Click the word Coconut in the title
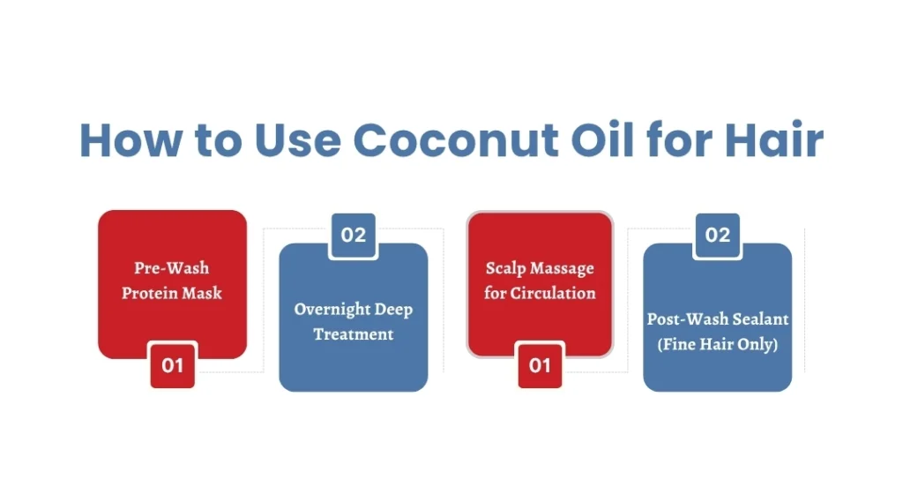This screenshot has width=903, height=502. pyautogui.click(x=456, y=140)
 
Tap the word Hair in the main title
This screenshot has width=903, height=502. pyautogui.click(x=774, y=139)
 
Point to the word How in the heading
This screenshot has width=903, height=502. pyautogui.click(x=131, y=140)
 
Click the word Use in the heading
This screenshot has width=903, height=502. pyautogui.click(x=298, y=140)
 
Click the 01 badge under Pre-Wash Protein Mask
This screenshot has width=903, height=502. pyautogui.click(x=172, y=365)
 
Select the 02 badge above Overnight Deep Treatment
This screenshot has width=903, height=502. pyautogui.click(x=353, y=235)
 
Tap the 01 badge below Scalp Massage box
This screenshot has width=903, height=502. pyautogui.click(x=540, y=365)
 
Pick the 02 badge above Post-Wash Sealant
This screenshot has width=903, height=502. pyautogui.click(x=718, y=235)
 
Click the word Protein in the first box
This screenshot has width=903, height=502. pyautogui.click(x=147, y=293)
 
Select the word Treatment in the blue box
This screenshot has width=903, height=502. pyautogui.click(x=354, y=334)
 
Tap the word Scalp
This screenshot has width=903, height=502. pyautogui.click(x=503, y=268)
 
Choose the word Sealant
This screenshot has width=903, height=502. pyautogui.click(x=761, y=318)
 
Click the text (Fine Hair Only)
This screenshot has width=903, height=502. pyautogui.click(x=718, y=344)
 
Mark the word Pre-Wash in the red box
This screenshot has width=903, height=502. pyautogui.click(x=172, y=268)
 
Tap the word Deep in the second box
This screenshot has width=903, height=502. pyautogui.click(x=393, y=310)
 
